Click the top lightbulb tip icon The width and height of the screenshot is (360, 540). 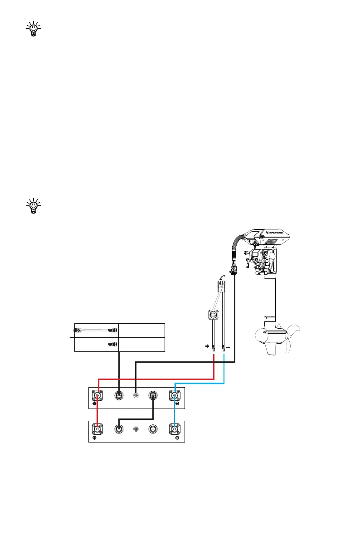(33, 29)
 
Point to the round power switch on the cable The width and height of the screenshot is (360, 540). (213, 314)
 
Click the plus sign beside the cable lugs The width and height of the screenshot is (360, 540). (207, 347)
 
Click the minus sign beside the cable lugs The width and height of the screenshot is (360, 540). (228, 347)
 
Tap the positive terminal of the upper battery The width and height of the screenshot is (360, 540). (97, 396)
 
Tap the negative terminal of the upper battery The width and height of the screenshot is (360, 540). (175, 396)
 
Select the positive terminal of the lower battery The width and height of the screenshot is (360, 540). (97, 428)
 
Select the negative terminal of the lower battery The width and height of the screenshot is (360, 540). (175, 428)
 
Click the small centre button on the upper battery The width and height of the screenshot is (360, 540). (136, 396)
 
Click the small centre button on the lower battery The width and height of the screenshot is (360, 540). (136, 428)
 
